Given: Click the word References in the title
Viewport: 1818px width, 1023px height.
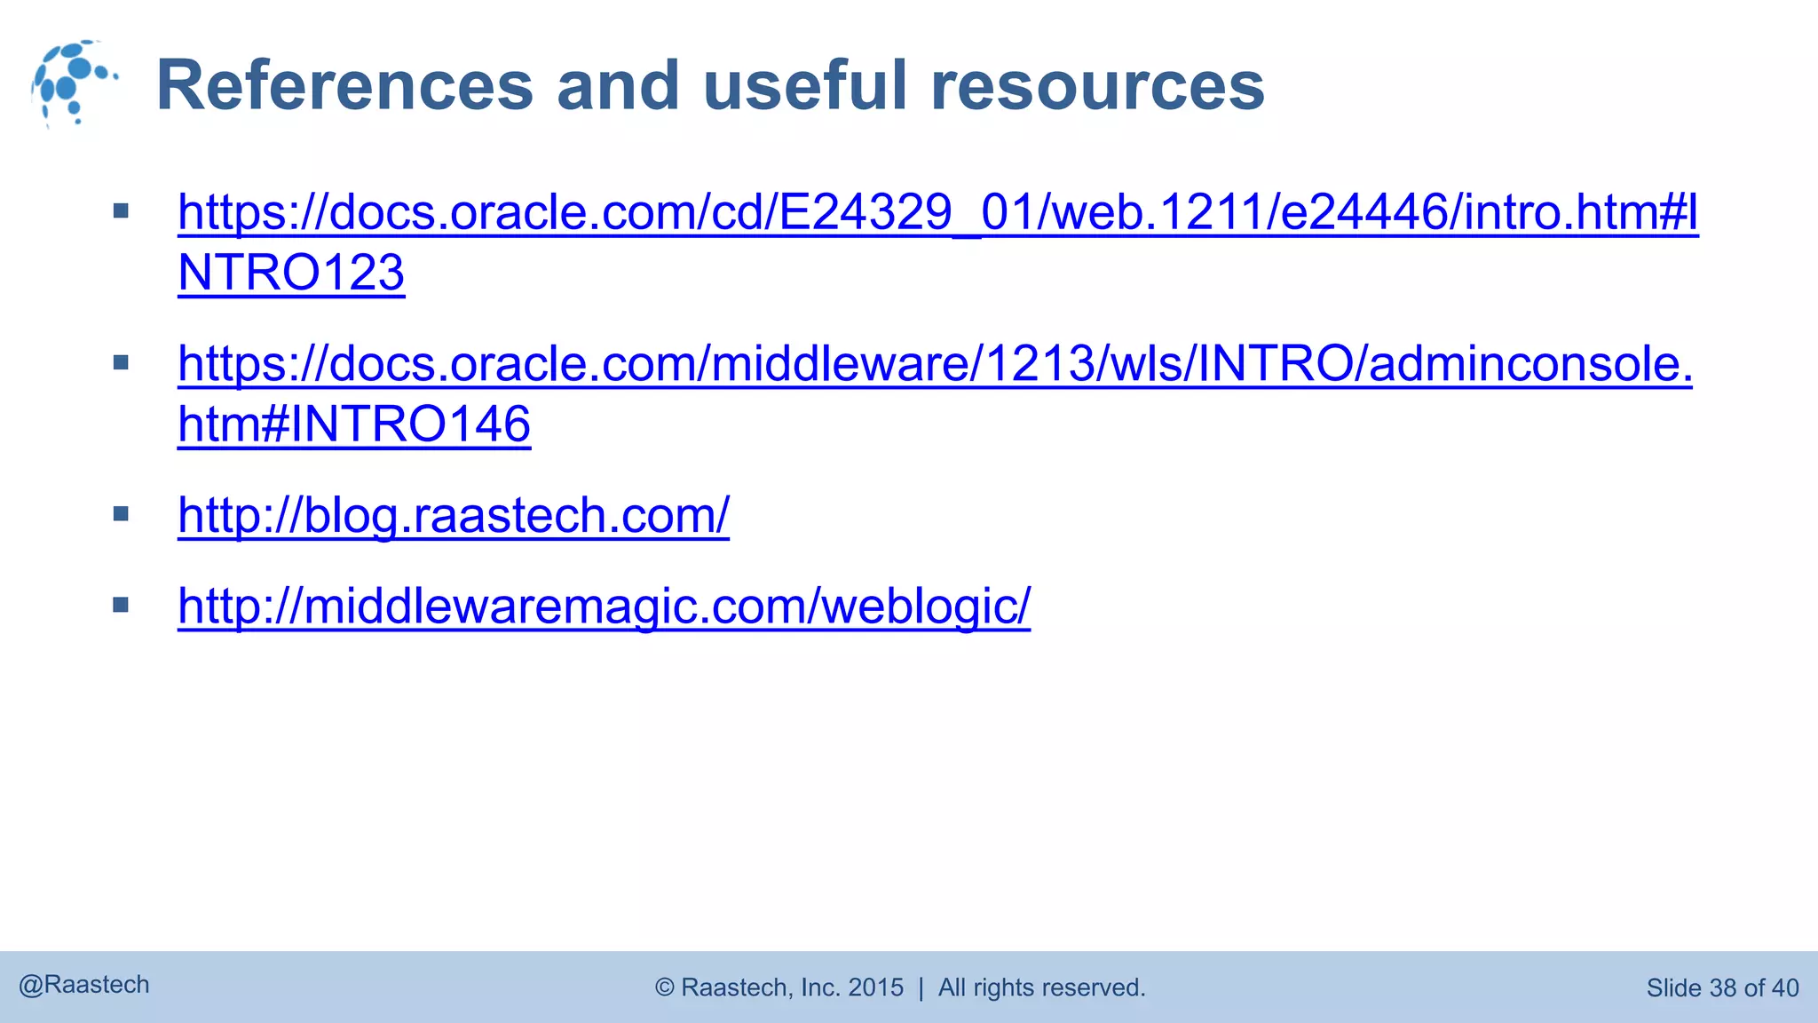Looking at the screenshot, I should (344, 85).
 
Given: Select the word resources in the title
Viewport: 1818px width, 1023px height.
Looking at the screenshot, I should (1097, 85).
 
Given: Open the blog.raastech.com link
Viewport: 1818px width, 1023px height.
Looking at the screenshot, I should (453, 515).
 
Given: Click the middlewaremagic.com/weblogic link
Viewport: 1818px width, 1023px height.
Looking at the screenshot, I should (604, 606).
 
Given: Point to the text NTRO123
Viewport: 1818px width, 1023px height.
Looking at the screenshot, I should (291, 273).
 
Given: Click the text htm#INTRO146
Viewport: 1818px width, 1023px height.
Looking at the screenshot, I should (353, 424).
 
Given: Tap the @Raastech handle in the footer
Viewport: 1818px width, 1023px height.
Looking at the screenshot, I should (84, 985).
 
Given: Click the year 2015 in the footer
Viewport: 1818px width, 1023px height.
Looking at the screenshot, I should (875, 987).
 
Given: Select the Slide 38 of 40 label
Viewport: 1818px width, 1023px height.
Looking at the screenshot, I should (1722, 987).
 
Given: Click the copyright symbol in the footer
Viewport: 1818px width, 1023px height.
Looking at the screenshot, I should (665, 987).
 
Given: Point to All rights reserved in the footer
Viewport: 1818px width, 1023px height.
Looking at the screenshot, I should (1041, 987).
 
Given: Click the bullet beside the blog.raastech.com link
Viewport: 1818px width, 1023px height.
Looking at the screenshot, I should (122, 513).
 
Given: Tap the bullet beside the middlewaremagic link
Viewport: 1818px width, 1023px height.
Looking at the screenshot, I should (122, 605).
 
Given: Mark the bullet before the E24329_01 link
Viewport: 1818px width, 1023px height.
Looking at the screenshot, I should (122, 211).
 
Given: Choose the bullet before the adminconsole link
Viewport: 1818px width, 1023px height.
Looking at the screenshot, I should (122, 362).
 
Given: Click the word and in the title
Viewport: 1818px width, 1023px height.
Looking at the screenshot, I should (618, 85).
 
